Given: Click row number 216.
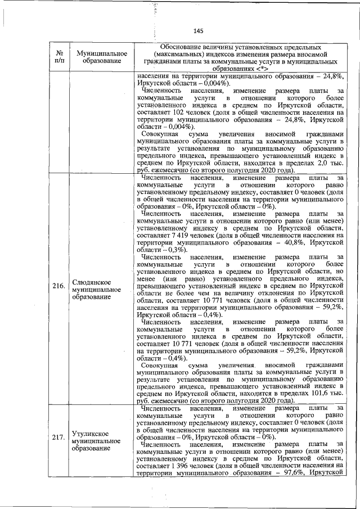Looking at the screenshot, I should (x=58, y=286).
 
